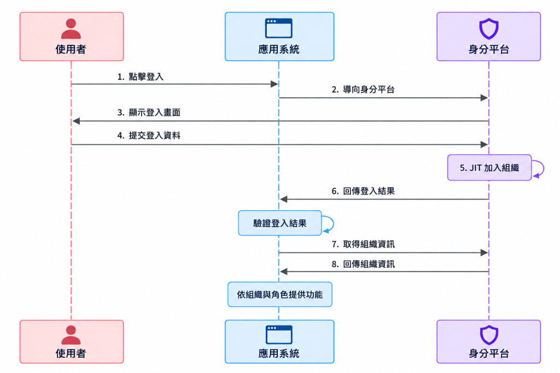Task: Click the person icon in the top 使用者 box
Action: pos(71,28)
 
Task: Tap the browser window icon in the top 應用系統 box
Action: pos(279,28)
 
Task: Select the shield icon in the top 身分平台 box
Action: pos(488,29)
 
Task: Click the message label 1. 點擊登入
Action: pos(141,76)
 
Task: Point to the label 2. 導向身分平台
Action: pos(363,90)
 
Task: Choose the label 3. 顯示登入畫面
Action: pos(149,113)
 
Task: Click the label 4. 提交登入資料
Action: pos(149,135)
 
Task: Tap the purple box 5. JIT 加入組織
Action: pos(489,168)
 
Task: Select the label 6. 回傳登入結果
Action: pos(363,191)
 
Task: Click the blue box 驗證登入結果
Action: pos(280,223)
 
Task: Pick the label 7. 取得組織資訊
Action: pos(363,244)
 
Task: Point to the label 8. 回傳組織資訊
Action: pos(363,264)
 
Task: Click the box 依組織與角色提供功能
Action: pos(280,294)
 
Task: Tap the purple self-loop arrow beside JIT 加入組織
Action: pos(543,168)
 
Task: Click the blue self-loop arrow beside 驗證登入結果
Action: pos(333,223)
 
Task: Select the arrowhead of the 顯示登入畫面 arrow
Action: pos(75,121)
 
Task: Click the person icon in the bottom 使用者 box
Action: pos(71,335)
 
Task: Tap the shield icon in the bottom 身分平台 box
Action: pos(488,335)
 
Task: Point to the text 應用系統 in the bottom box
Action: pos(279,353)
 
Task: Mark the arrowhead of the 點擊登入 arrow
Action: pos(275,84)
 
